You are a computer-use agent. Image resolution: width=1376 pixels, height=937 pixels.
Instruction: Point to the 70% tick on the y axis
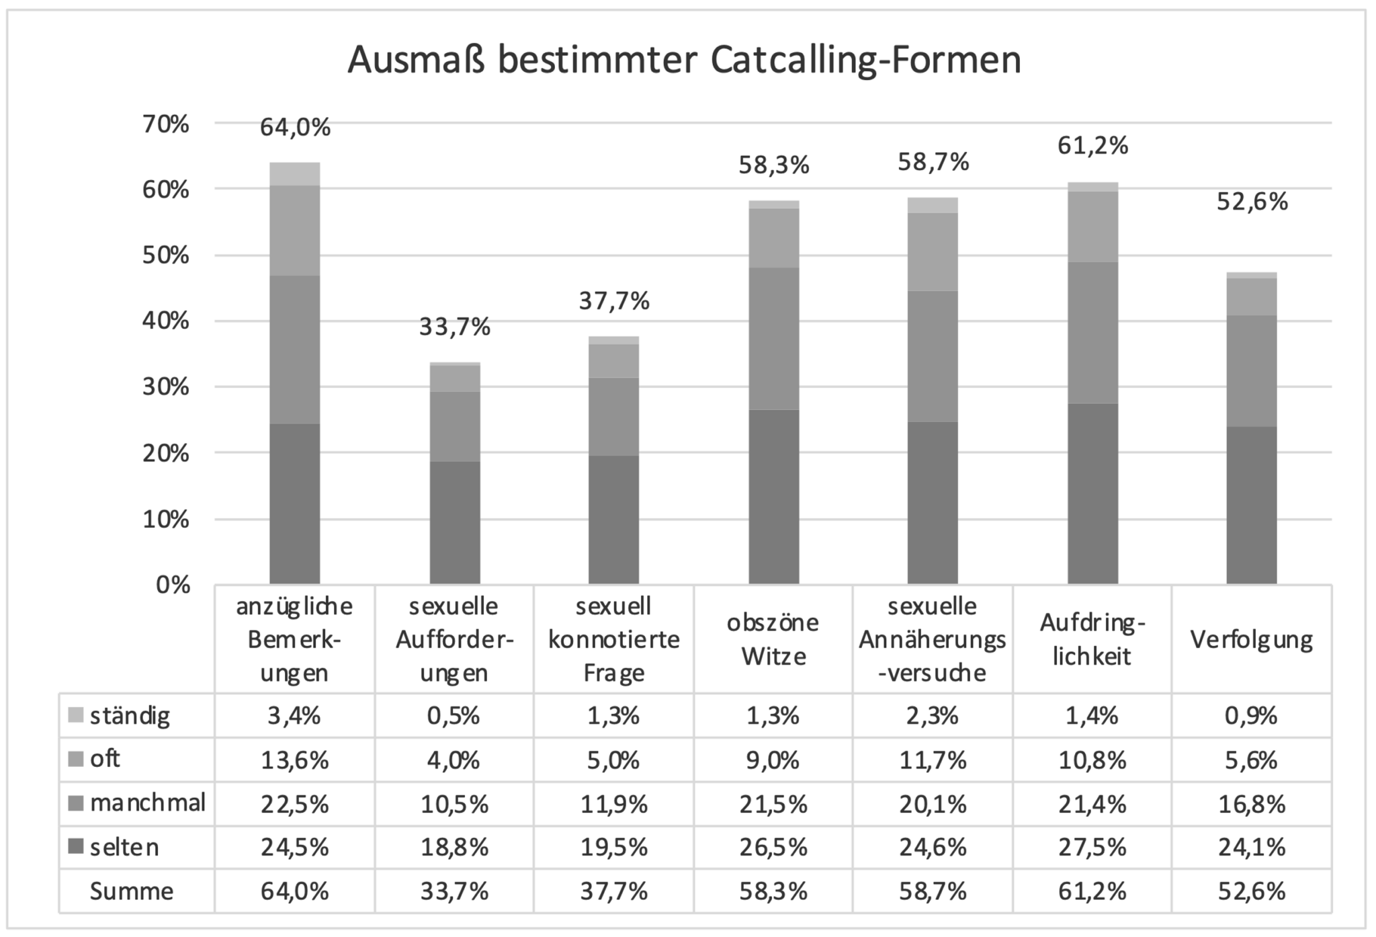point(165,124)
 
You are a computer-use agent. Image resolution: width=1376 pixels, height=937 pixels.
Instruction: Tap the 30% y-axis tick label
point(165,388)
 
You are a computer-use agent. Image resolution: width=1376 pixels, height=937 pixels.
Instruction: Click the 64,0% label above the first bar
point(295,127)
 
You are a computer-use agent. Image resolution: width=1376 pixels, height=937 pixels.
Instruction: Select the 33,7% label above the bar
point(455,327)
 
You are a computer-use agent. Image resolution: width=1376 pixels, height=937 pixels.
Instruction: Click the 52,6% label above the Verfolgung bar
point(1252,202)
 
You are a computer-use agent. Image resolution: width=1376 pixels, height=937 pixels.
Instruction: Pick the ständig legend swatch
point(76,715)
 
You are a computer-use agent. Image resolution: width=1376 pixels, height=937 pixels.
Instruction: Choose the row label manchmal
point(148,803)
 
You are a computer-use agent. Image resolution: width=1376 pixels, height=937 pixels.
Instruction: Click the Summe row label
point(132,891)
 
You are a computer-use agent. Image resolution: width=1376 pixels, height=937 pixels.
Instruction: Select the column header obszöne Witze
point(773,639)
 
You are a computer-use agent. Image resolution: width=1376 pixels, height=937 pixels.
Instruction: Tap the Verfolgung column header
point(1252,639)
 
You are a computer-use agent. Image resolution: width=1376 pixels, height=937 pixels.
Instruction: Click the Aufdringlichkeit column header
point(1092,639)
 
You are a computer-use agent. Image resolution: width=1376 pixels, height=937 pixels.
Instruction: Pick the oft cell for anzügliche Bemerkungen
point(294,760)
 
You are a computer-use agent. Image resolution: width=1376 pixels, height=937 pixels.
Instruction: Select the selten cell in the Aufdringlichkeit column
point(1092,847)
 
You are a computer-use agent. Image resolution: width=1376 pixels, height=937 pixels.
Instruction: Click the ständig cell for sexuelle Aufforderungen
point(454,716)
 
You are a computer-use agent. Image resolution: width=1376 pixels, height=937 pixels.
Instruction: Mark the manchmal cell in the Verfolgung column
point(1252,804)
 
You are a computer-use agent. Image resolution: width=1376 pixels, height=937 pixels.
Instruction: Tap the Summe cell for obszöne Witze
point(773,891)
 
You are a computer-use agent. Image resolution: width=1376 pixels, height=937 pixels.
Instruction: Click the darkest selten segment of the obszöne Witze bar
point(773,497)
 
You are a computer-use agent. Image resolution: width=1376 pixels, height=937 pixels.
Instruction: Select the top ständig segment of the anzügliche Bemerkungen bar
point(294,174)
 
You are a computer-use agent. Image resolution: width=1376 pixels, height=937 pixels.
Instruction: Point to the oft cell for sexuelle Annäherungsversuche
point(933,760)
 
